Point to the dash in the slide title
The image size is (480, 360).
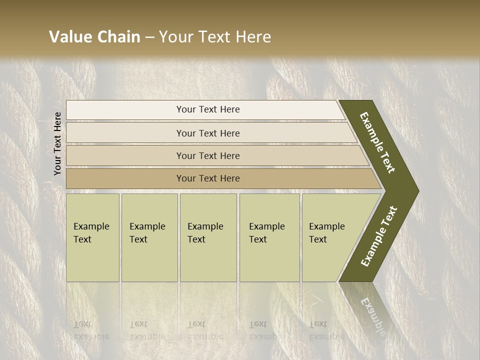point(149,37)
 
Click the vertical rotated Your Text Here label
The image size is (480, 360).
point(57,143)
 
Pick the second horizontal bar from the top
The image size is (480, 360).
point(208,133)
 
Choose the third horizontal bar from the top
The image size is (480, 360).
point(208,155)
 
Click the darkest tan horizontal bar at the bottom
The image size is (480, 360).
point(208,178)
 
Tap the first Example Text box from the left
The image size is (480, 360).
point(92,237)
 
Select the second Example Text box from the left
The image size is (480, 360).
point(149,237)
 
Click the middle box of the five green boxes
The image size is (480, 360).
point(208,237)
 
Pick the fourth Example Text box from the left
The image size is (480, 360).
point(269,237)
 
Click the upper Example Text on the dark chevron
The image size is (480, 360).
point(377,142)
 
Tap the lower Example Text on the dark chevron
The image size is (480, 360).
point(378,236)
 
